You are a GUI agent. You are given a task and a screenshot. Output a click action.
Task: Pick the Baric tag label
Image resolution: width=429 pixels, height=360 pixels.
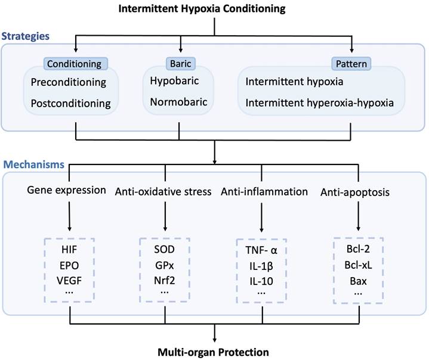click(177, 63)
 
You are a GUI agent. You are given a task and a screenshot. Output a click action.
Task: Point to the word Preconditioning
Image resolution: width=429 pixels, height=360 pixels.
click(69, 82)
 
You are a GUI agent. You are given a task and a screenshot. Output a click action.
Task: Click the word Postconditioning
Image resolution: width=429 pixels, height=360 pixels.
click(71, 103)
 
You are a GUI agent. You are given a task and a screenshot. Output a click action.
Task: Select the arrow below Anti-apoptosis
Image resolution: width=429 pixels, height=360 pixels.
click(357, 215)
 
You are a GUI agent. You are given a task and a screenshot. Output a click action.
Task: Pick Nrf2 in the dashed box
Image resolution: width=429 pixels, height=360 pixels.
click(165, 278)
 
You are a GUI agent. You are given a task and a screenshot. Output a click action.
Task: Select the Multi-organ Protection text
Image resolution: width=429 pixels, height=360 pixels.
click(214, 352)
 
